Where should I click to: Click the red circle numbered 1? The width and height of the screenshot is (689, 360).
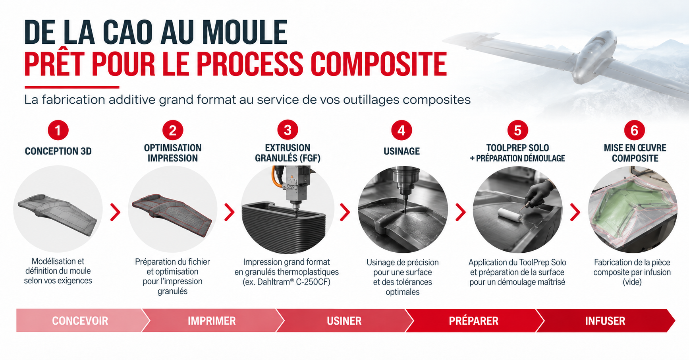(x=58, y=130)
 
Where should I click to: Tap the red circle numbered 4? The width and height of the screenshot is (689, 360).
(x=401, y=130)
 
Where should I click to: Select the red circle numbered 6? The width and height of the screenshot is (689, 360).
(x=634, y=130)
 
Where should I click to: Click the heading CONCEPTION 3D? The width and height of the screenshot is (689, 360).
(x=58, y=151)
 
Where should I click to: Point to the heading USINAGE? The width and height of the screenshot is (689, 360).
(x=401, y=151)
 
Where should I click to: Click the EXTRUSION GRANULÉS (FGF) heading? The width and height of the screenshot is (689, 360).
(x=288, y=153)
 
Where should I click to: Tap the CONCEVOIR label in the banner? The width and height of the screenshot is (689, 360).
(x=80, y=321)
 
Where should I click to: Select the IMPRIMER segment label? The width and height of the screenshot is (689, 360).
(x=212, y=321)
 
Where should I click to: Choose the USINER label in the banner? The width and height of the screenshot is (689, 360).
(x=344, y=321)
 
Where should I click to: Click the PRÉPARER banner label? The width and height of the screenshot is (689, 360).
(x=473, y=321)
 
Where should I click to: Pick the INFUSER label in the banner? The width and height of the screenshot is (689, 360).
(x=605, y=321)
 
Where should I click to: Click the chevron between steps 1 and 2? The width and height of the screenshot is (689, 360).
(x=115, y=212)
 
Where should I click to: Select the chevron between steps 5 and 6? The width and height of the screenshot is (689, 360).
(x=575, y=212)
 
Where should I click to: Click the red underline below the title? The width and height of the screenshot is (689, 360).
(x=72, y=87)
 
